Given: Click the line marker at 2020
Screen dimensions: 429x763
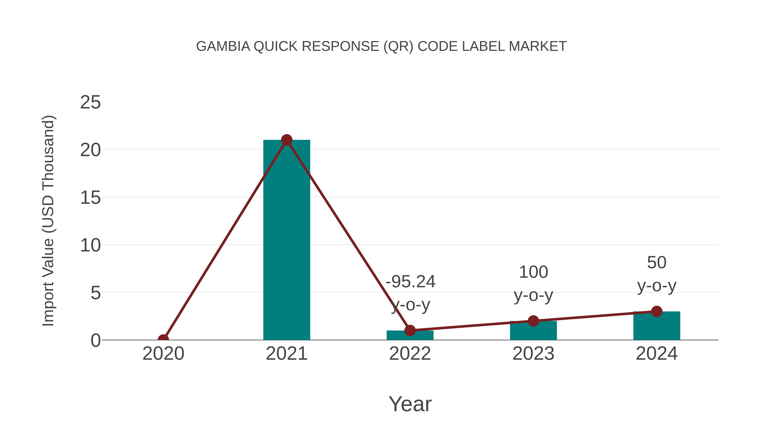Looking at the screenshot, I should tap(163, 339).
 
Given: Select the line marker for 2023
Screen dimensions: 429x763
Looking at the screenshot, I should tap(533, 321).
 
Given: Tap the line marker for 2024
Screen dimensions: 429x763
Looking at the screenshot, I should tap(657, 311).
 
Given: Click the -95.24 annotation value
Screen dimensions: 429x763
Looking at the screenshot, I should tap(410, 282).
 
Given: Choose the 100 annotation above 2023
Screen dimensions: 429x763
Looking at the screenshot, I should tap(533, 272).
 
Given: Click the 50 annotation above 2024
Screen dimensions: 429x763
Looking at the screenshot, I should tap(657, 263).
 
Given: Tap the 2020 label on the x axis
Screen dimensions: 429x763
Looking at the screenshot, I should tap(163, 354).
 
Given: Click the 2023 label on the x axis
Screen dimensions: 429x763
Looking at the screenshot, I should tap(533, 354).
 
